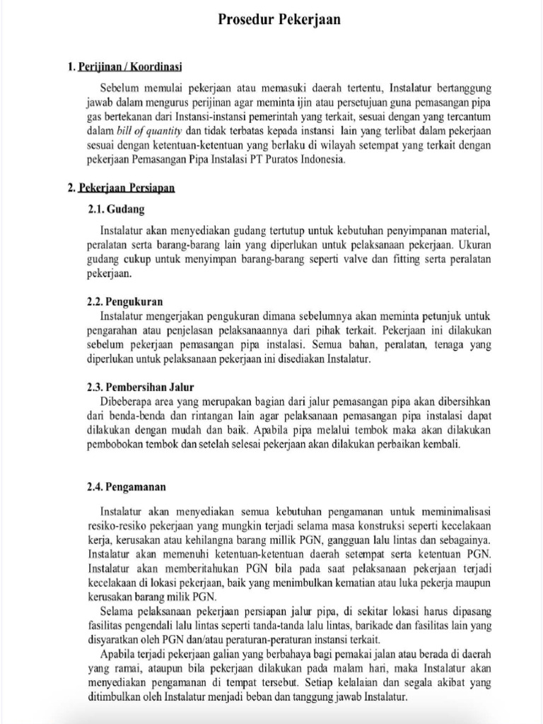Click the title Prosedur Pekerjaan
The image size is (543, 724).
[x=279, y=20]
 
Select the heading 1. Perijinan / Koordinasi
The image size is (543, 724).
[x=124, y=67]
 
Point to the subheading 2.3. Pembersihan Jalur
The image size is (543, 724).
[x=140, y=387]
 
